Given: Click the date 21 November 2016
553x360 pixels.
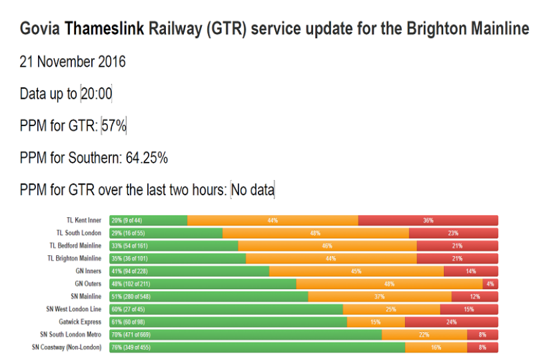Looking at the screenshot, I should (73, 62).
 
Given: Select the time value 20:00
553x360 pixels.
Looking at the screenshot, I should (96, 94).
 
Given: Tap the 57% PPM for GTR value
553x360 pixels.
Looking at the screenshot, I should (113, 126).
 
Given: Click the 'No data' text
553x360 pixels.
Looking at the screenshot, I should (253, 190).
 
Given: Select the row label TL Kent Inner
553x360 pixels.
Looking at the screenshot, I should (83, 220).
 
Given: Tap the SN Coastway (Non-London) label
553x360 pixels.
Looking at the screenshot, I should (70, 347).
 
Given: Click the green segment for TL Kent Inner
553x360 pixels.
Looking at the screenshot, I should (148, 220).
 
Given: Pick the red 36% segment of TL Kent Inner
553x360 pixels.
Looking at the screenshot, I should (428, 220).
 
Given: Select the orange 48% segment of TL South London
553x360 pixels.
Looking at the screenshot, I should (315, 233).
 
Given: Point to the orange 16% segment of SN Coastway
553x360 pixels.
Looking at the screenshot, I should (436, 347).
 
